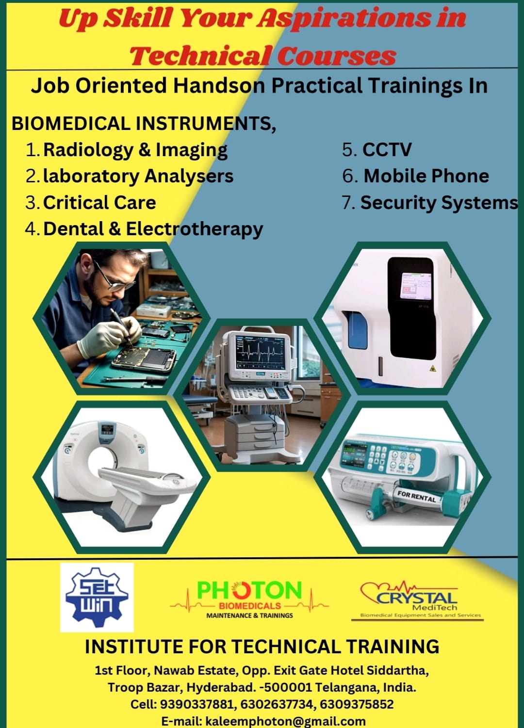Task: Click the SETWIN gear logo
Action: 97,598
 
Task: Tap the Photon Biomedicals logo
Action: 249,600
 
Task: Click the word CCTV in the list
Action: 387,150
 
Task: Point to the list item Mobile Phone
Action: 426,176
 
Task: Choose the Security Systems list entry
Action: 439,203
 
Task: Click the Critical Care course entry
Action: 99,203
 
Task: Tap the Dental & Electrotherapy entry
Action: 153,229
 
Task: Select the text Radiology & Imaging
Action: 135,150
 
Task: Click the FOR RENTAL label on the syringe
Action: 416,497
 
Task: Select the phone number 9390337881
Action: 197,704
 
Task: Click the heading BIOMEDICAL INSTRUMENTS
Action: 144,124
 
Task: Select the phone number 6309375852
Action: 357,704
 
